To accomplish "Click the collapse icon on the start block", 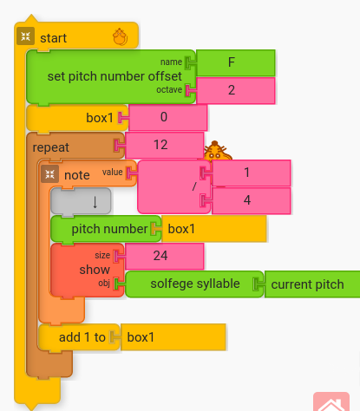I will (x=24, y=36).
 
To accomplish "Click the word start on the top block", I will (x=53, y=37).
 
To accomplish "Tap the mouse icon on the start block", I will (x=121, y=36).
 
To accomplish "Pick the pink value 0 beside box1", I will (x=168, y=117).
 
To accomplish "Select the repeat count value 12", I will (x=165, y=146).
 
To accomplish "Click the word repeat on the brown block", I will (x=51, y=147).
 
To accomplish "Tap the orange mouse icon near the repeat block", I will (x=217, y=153).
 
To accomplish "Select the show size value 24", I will (x=165, y=256).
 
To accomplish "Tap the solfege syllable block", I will (x=193, y=284).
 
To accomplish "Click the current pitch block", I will (x=311, y=284).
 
